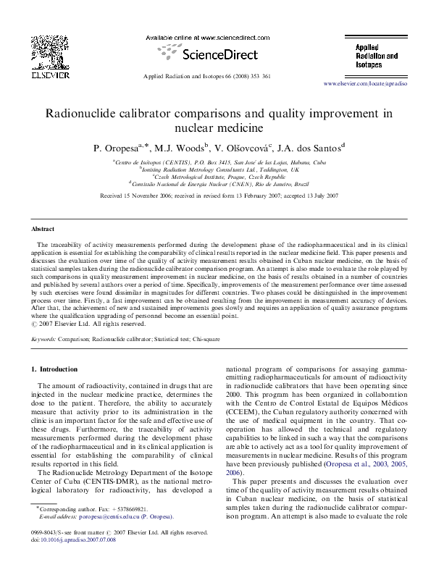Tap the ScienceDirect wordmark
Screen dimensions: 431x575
point(212,53)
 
